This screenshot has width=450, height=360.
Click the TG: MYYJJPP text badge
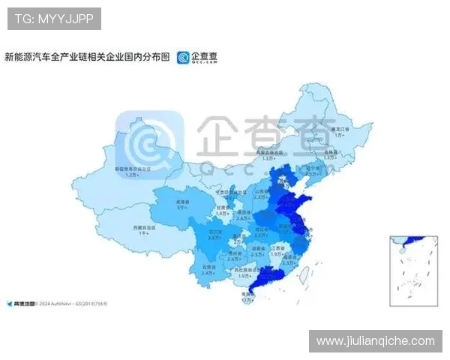pos(54,19)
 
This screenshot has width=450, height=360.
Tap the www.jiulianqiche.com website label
pos(375,341)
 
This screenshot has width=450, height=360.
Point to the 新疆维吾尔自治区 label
pos(133,172)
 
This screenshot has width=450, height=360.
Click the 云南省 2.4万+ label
pos(208,271)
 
